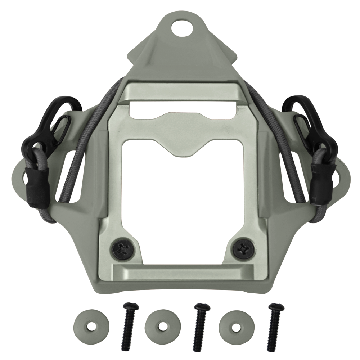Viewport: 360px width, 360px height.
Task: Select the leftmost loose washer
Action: click(x=91, y=327)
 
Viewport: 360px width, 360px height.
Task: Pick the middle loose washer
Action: click(x=162, y=327)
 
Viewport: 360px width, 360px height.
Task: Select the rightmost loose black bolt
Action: click(x=274, y=327)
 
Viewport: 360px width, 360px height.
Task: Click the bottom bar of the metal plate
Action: click(x=179, y=273)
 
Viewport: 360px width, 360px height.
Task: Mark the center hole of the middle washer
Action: click(x=162, y=327)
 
